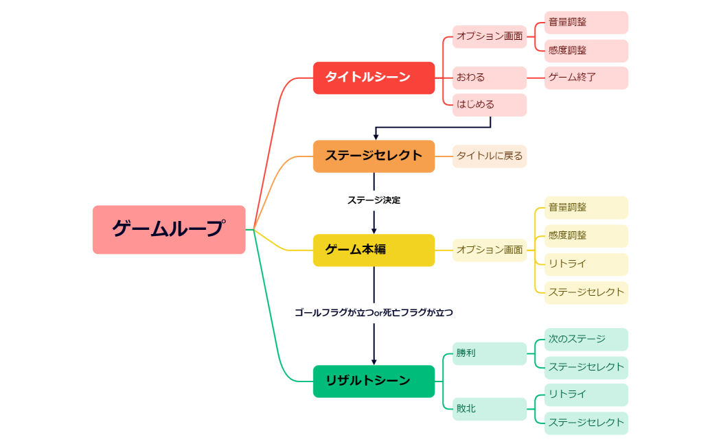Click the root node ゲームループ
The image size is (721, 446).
(x=169, y=229)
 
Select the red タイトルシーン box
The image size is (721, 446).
(x=374, y=78)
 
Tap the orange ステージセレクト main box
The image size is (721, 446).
(x=374, y=156)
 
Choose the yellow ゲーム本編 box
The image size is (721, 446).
(x=374, y=250)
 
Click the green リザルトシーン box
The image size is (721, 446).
(x=374, y=381)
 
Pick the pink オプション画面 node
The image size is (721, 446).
(x=489, y=36)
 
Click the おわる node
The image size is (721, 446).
(x=489, y=78)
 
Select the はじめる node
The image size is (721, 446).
(x=489, y=105)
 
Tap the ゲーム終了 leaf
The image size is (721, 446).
(x=586, y=78)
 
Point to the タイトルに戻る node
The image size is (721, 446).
(x=489, y=156)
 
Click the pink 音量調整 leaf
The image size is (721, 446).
(x=586, y=22)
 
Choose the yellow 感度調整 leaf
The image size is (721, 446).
(x=586, y=235)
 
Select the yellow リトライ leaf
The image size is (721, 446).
(x=586, y=264)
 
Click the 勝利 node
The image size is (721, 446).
(x=489, y=353)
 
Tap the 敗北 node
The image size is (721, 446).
(x=489, y=409)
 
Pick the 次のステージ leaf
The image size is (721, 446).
(x=586, y=339)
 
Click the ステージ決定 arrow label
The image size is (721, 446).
(x=374, y=200)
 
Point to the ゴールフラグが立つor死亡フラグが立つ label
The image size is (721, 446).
(x=374, y=312)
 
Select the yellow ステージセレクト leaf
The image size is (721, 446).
(x=586, y=292)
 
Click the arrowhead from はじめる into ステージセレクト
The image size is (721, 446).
(x=376, y=137)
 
